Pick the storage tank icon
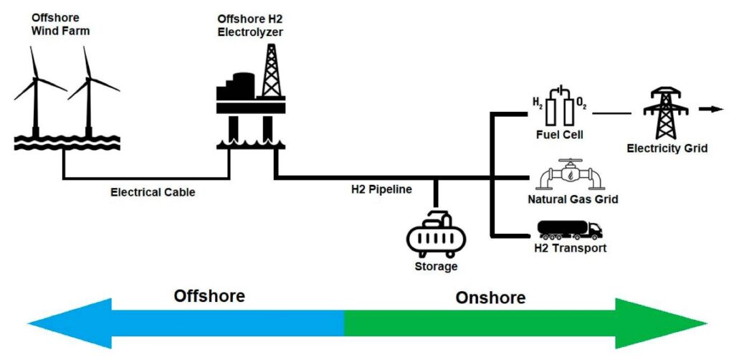point(436,233)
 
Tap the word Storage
point(436,267)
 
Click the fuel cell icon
point(560,108)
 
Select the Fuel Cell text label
point(560,134)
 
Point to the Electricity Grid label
point(667,148)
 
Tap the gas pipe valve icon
point(563,176)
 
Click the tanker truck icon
point(570,230)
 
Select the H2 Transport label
point(571,248)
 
